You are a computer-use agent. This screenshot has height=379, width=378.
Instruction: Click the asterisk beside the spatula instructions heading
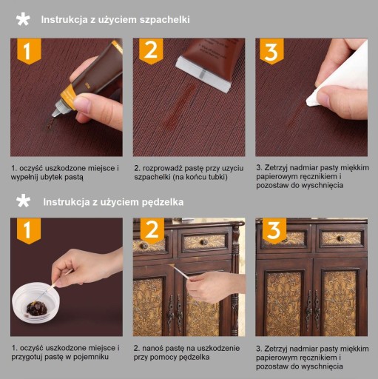tap(23, 19)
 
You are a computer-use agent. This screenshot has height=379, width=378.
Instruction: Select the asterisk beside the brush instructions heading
tap(23, 201)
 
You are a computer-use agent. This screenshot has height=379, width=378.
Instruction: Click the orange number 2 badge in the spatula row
tap(151, 51)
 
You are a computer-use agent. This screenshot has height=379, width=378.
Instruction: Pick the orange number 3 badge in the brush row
tap(274, 230)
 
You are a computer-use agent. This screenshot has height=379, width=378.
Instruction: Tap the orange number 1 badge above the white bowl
tap(29, 231)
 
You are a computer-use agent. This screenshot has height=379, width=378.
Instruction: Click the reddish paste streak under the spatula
tap(182, 105)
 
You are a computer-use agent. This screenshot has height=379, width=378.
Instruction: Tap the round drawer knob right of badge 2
tap(204, 242)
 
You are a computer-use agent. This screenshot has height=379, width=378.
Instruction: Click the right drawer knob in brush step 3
tap(342, 238)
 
